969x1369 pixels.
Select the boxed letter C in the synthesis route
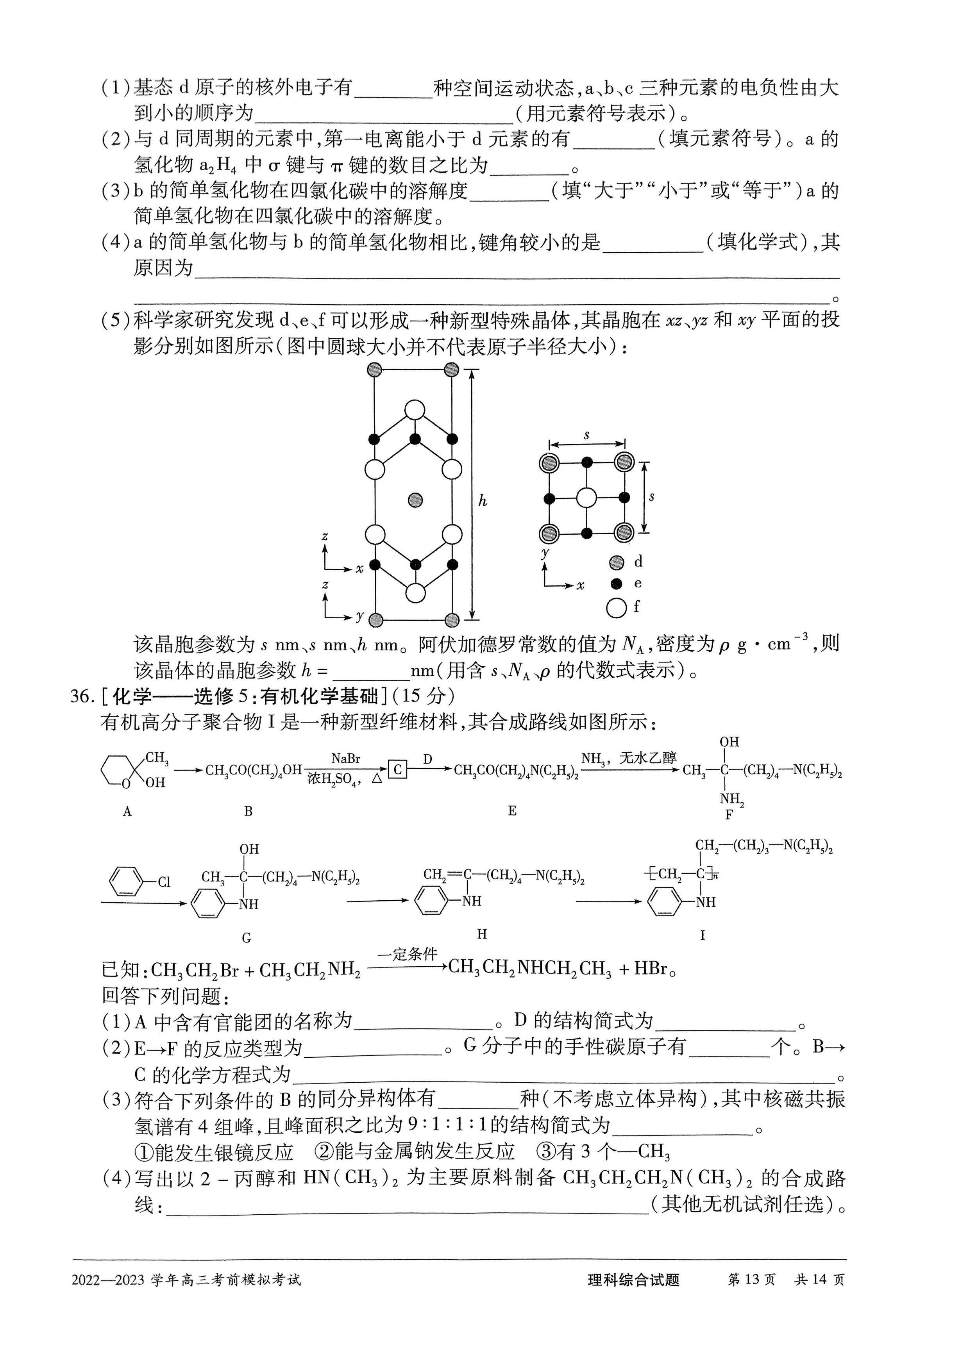[397, 770]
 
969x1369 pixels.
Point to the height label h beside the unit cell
[483, 502]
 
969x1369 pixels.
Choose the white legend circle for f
[616, 608]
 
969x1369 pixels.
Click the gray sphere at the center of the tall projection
[415, 500]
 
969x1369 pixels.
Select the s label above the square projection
[586, 436]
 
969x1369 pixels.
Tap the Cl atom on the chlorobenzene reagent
[164, 882]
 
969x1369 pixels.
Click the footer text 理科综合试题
[633, 1280]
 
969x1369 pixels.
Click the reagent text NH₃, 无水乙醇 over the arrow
[629, 758]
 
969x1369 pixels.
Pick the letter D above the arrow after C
[427, 759]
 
